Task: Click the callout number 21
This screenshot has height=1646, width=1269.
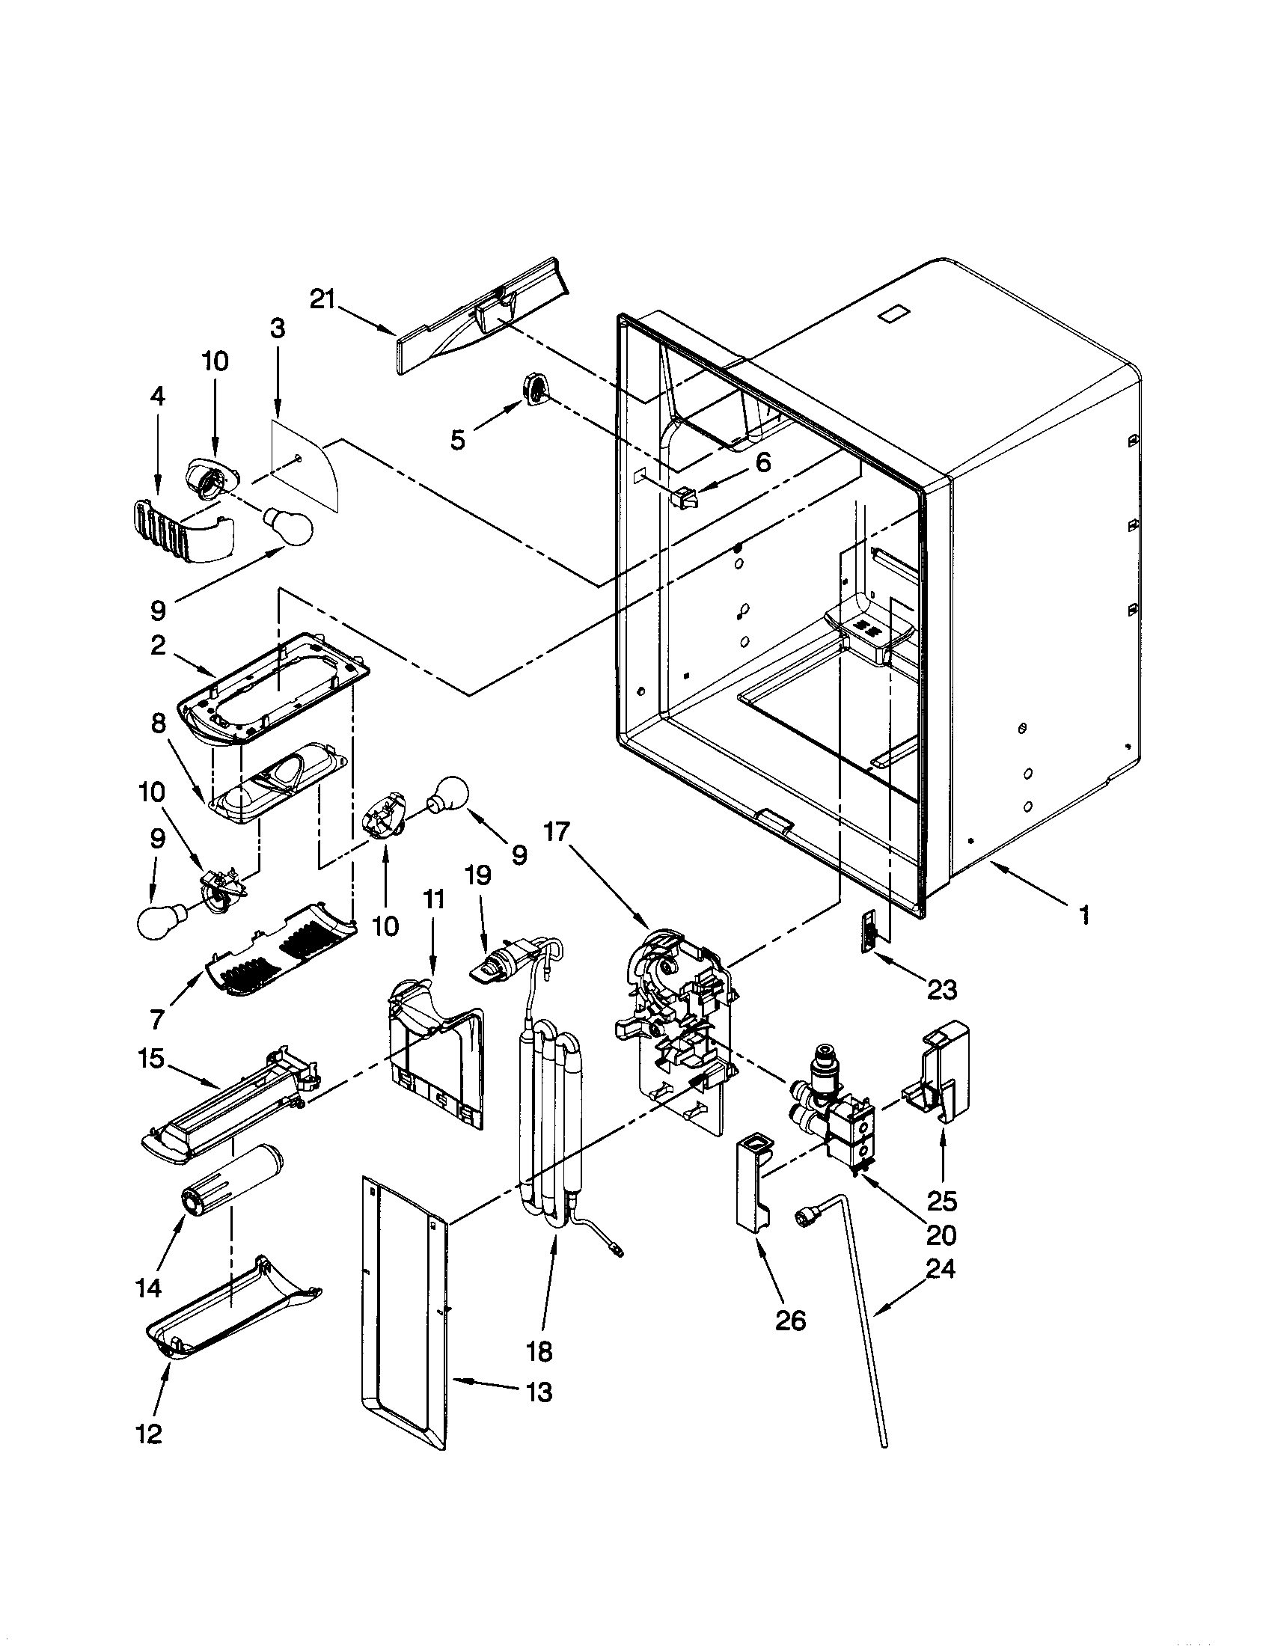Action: [x=322, y=299]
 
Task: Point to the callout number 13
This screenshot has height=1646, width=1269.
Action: [x=539, y=1392]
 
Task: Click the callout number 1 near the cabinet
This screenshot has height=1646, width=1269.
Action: [x=1083, y=916]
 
